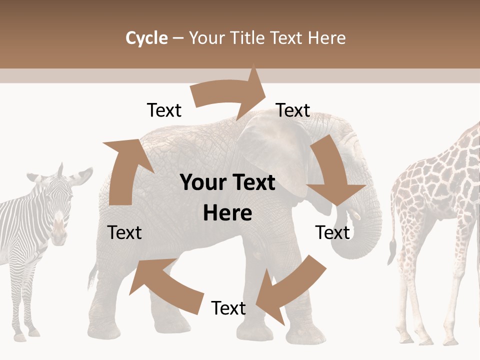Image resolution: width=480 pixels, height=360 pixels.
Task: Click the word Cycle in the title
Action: point(146,38)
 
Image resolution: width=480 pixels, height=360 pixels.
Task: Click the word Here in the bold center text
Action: point(227,213)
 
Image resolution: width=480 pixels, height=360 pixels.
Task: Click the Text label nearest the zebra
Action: point(124,232)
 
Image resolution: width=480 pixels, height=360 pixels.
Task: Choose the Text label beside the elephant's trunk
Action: point(332,232)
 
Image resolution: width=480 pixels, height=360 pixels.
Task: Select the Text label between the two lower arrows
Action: point(228,308)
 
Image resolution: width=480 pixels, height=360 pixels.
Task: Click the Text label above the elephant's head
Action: point(293,110)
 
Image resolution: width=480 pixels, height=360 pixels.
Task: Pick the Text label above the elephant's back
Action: point(164,110)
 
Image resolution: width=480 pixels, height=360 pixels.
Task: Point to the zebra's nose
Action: point(59,232)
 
